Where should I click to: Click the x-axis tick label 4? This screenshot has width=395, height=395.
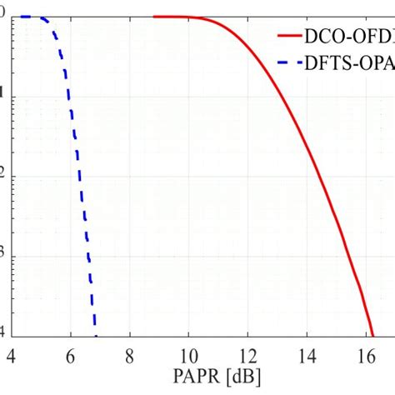click(x=11, y=357)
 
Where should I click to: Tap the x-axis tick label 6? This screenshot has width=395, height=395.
click(x=70, y=357)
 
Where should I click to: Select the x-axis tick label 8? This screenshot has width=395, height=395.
click(x=129, y=357)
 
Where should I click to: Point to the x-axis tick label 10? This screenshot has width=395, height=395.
click(x=188, y=357)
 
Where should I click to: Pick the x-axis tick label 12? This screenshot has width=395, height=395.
click(x=247, y=357)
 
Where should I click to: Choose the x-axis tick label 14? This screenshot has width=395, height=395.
click(x=307, y=357)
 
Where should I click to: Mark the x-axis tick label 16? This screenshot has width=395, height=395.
click(x=365, y=357)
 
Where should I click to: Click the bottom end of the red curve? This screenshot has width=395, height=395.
click(x=373, y=334)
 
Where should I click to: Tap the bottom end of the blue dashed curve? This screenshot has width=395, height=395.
click(x=96, y=333)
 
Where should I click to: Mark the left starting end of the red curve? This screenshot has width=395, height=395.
click(x=155, y=17)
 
